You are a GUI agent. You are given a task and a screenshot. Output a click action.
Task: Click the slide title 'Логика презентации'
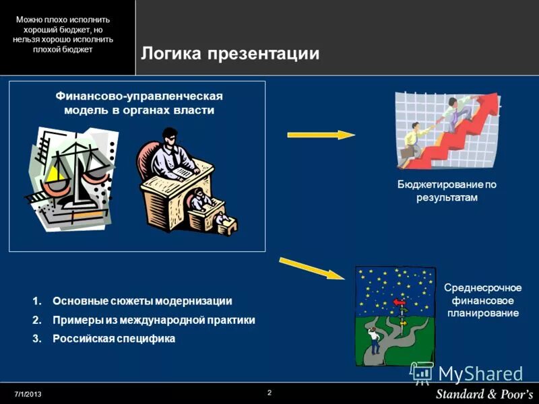229,54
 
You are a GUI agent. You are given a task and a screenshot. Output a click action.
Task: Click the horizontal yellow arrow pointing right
321,135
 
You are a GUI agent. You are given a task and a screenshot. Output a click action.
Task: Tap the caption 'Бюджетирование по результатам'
446,191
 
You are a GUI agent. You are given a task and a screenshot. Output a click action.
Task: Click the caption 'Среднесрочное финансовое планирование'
482,300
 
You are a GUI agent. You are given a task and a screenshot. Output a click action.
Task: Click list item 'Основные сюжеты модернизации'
141,301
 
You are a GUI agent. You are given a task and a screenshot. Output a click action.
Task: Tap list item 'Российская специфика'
113,339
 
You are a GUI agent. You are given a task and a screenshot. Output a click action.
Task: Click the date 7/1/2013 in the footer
28,393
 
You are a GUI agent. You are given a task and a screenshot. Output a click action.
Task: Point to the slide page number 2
269,392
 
